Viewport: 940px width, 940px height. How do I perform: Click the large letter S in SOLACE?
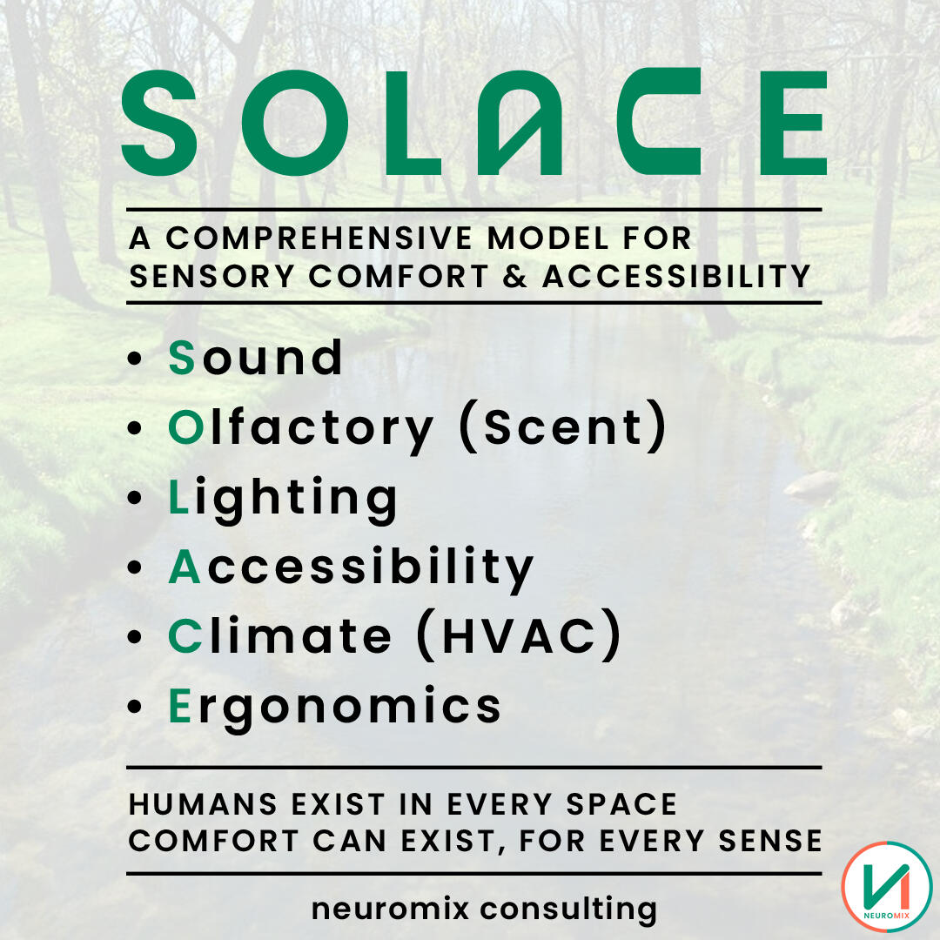click(x=159, y=123)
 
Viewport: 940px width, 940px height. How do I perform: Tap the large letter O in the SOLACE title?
click(x=295, y=123)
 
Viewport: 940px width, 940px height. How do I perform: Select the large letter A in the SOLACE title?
click(x=520, y=123)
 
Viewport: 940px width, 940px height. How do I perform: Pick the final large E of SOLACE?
click(x=794, y=123)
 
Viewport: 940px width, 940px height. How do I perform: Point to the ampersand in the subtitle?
click(x=515, y=277)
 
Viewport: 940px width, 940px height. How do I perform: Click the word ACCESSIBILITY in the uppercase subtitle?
click(x=677, y=277)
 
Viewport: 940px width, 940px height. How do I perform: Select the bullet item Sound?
click(x=256, y=358)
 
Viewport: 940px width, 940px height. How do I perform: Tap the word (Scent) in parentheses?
click(x=563, y=426)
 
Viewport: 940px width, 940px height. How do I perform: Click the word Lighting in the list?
click(x=283, y=500)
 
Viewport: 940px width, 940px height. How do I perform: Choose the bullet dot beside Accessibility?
click(x=134, y=567)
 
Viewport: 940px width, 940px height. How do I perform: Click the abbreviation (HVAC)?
click(x=519, y=635)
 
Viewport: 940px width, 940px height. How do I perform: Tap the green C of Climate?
click(x=185, y=636)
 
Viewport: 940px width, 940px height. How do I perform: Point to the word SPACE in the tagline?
click(x=621, y=804)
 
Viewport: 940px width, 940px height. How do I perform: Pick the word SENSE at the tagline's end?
click(x=770, y=841)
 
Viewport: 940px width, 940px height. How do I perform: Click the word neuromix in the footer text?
click(x=390, y=908)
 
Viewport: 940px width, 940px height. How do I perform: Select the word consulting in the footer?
click(x=569, y=910)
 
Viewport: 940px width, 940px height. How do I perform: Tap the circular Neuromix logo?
click(x=887, y=887)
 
